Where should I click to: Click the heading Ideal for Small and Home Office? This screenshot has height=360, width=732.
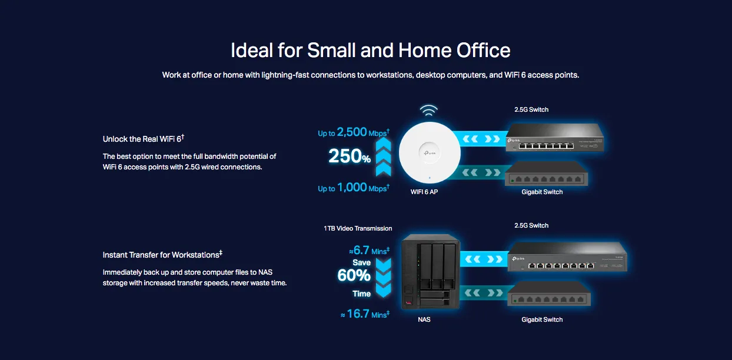pos(371,51)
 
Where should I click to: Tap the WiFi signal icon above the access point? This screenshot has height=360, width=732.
pos(428,111)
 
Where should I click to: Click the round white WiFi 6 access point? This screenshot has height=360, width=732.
pos(430,152)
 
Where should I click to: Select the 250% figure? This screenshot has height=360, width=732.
pos(350,156)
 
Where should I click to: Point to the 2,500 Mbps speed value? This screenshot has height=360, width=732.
pos(354,132)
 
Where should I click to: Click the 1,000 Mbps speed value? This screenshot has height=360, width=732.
pos(354,188)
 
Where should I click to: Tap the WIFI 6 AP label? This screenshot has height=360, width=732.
pos(424,192)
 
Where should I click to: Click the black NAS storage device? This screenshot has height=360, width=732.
pos(431,271)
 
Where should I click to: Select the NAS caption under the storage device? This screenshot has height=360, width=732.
pos(424,319)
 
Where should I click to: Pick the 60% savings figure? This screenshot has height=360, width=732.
pos(354,275)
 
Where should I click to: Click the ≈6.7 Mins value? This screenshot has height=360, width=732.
pos(370,250)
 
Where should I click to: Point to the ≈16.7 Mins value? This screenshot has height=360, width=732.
pos(365,314)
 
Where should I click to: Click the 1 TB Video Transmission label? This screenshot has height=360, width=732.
pos(358,228)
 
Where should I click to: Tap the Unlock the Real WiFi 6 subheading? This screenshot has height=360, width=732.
pos(144,138)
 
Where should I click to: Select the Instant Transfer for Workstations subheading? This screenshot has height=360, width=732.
pos(162,255)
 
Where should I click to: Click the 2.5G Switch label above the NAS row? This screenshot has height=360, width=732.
pos(531,225)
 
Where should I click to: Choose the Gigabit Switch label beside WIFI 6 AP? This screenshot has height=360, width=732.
pos(542,192)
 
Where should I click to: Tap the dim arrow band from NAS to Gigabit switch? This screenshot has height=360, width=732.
pos(484,293)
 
